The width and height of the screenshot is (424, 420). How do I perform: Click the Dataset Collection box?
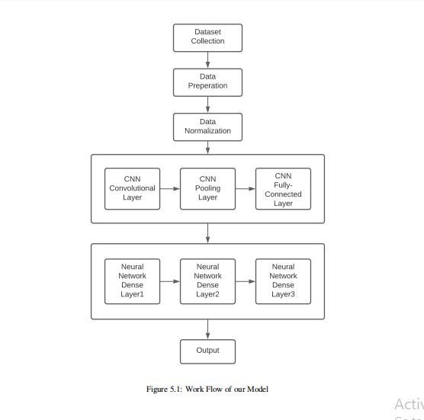coord(207,37)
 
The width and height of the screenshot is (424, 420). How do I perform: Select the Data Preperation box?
coord(207,82)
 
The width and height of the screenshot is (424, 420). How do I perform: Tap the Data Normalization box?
coord(207,127)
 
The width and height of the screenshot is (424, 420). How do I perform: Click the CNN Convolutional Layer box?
coord(132,188)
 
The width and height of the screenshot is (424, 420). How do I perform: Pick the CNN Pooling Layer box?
coord(207,188)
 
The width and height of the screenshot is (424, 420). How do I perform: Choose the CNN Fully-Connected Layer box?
coord(283,189)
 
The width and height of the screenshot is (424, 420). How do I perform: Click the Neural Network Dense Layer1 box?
coord(132,281)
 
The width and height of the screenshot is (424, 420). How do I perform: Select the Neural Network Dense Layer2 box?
coord(207,281)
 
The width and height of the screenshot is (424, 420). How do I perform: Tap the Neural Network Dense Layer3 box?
coord(283,281)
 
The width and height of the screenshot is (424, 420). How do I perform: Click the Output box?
coord(207,351)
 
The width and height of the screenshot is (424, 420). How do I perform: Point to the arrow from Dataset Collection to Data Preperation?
coord(207,60)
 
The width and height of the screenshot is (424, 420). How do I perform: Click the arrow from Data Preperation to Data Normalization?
coord(207,104)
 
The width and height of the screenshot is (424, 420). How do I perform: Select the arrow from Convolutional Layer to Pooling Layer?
coord(170,188)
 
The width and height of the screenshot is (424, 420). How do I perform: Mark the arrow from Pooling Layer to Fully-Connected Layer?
coord(246,188)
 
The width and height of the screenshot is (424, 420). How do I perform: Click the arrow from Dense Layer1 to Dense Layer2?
coord(170,281)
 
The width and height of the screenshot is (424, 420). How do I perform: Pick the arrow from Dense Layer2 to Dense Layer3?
coord(246,281)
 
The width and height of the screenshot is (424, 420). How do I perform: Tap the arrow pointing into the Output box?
coord(207,329)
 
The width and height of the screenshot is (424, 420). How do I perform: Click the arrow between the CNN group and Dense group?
coord(207,233)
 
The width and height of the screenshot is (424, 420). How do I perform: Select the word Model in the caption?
coord(257,390)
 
